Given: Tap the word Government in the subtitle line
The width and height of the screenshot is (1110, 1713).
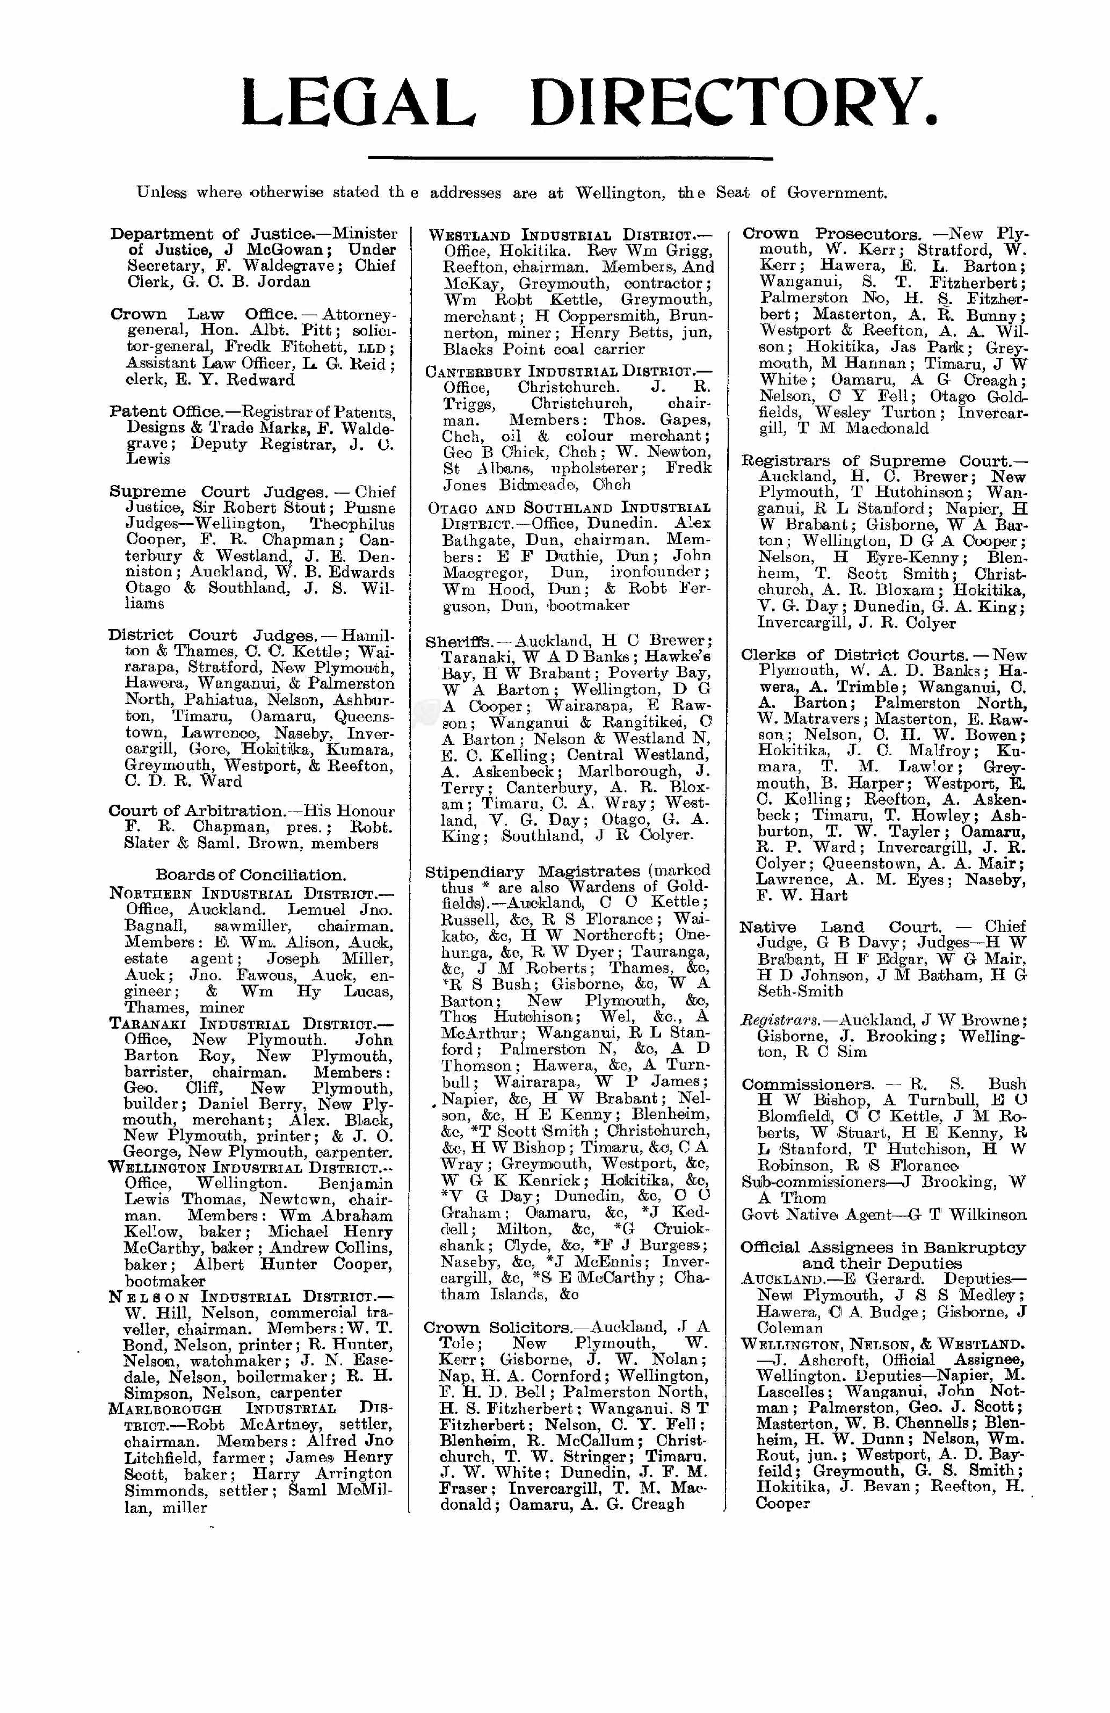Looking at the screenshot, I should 836,193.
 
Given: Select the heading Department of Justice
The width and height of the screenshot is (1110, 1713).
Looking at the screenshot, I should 212,234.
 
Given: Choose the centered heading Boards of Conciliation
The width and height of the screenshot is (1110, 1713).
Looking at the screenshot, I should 250,875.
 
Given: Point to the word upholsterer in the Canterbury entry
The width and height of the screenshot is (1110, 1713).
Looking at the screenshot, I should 599,468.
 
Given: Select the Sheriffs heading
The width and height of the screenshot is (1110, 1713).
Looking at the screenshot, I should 458,641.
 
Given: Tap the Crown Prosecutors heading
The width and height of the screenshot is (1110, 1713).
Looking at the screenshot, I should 831,234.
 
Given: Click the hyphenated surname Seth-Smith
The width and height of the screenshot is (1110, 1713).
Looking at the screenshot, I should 800,991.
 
